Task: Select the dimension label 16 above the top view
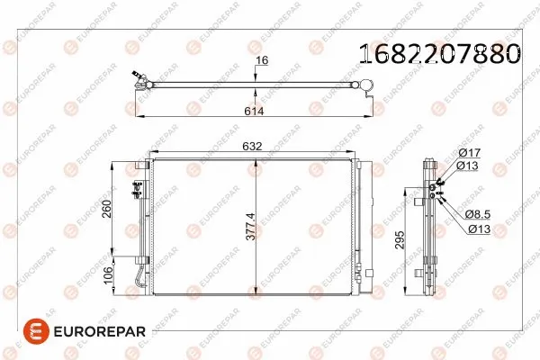pyautogui.click(x=262, y=62)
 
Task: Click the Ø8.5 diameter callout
pyautogui.click(x=478, y=214)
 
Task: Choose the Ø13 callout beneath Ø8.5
pyautogui.click(x=478, y=229)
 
